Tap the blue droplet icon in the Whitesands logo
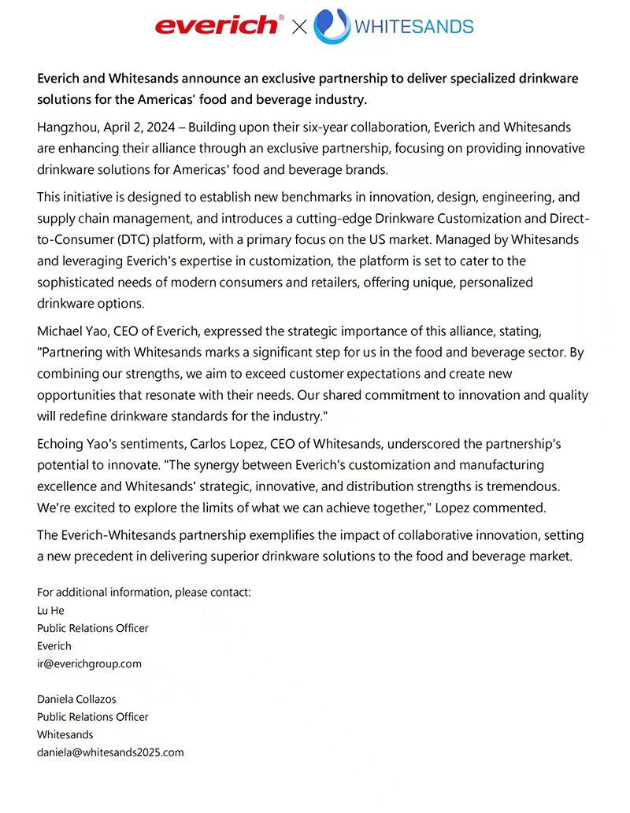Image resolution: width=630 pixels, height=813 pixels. click(332, 26)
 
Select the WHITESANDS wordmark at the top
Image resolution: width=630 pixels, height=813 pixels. click(414, 27)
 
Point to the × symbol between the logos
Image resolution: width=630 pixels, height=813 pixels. click(299, 28)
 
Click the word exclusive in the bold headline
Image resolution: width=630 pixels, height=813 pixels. click(291, 79)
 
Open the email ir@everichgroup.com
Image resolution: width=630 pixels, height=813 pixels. click(89, 663)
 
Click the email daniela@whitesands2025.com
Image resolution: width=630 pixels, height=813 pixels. click(110, 752)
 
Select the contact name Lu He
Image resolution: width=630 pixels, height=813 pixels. click(50, 611)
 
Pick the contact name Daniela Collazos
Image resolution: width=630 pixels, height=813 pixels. click(76, 699)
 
